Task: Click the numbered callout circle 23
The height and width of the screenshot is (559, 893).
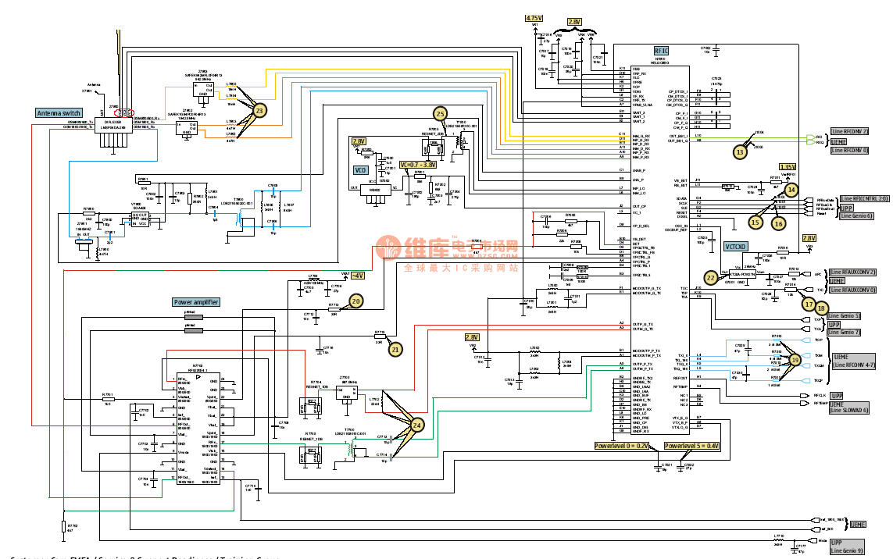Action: pyautogui.click(x=259, y=111)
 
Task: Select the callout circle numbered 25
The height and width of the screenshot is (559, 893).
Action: pyautogui.click(x=441, y=114)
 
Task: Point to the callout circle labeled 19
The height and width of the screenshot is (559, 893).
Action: pyautogui.click(x=795, y=359)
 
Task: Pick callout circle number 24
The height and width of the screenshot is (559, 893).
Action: pyautogui.click(x=417, y=424)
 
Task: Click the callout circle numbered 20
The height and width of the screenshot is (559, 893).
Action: pyautogui.click(x=356, y=301)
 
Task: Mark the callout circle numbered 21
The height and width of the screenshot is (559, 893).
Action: pyautogui.click(x=395, y=350)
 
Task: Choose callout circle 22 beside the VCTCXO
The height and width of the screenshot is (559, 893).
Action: pyautogui.click(x=710, y=277)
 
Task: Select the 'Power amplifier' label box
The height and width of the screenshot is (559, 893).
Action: pyautogui.click(x=195, y=302)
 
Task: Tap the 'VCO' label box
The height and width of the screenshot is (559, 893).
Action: pyautogui.click(x=360, y=169)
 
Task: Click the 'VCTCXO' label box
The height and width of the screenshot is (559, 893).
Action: pyautogui.click(x=736, y=246)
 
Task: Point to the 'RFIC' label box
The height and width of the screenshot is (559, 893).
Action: pyautogui.click(x=661, y=50)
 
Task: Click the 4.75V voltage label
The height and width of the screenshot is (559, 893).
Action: pyautogui.click(x=534, y=17)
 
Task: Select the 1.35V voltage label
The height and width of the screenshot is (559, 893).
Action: pyautogui.click(x=788, y=167)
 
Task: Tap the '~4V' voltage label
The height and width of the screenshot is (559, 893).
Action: pyautogui.click(x=357, y=276)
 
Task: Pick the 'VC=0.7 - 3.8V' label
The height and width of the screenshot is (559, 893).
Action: pyautogui.click(x=418, y=165)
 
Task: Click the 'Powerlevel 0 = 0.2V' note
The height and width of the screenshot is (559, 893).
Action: pyautogui.click(x=621, y=445)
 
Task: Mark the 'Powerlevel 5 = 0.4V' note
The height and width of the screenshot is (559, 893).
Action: pyautogui.click(x=691, y=445)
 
